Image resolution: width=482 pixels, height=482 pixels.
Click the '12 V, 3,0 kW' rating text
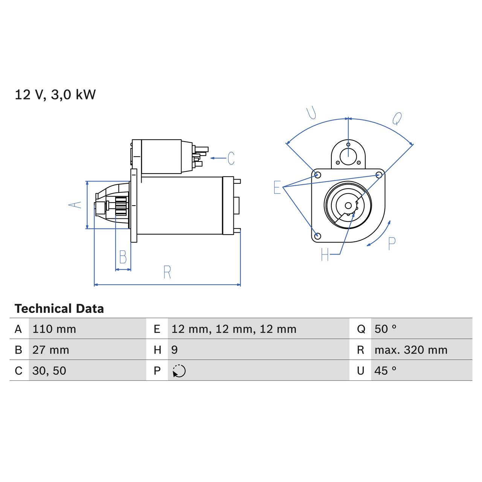pos(55,95)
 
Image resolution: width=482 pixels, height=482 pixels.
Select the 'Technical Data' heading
pos(59,309)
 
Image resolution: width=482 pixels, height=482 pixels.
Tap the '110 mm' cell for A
pos(54,329)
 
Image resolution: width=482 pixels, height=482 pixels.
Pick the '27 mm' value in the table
pos(51,350)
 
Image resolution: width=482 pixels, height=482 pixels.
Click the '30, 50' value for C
pos(49,371)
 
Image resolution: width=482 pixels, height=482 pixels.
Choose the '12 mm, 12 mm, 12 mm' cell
pos(234,329)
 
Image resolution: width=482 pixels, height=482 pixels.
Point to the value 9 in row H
pos(174,350)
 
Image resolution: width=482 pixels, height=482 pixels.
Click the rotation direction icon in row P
pos(179,371)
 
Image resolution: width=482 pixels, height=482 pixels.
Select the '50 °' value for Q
pos(385,329)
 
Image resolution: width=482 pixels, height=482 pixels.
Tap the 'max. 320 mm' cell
pos(411,350)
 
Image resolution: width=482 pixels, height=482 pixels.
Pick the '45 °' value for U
pos(385,371)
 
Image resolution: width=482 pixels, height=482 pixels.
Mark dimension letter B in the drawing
pos(123,257)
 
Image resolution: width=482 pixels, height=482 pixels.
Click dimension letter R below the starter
pos(167,272)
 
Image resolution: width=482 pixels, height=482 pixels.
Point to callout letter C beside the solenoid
pos(231,158)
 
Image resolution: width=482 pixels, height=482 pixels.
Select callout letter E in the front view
pos(277,187)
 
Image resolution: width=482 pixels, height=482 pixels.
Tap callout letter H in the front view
pos(325,255)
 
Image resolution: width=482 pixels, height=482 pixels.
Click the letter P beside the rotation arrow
pos(392,244)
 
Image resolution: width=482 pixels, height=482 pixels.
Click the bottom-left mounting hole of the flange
pos(317,236)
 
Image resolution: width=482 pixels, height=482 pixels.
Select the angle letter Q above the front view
pos(397,119)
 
